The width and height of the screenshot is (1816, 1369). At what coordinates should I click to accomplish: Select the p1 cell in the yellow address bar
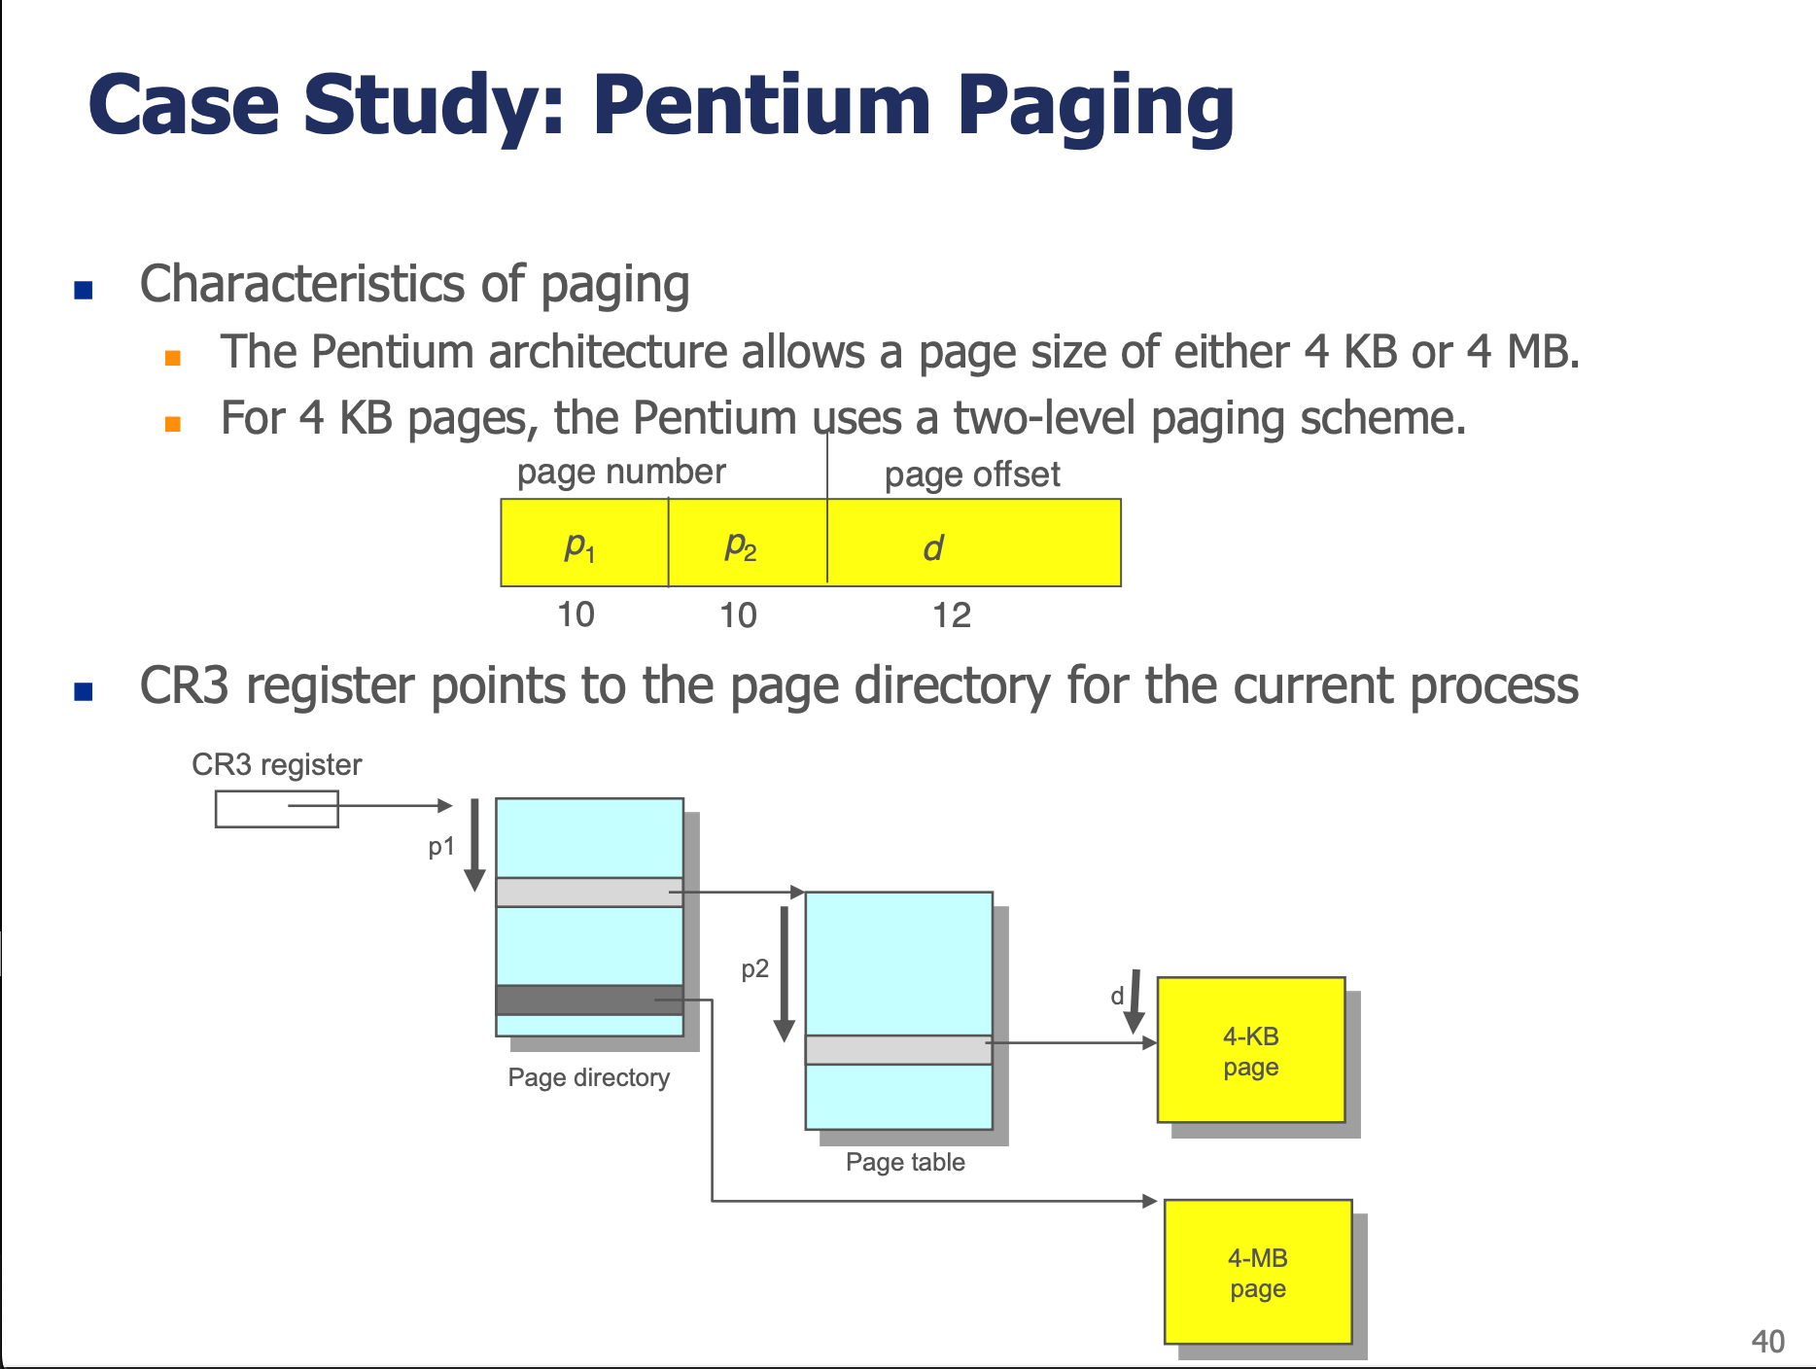point(584,543)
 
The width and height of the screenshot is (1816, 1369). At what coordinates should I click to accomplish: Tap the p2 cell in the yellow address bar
point(748,543)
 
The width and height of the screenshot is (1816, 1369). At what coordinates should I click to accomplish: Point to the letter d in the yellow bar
point(932,548)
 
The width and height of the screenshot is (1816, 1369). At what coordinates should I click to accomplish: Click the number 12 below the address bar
point(952,614)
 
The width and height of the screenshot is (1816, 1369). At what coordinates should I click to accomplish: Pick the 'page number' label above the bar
point(621,473)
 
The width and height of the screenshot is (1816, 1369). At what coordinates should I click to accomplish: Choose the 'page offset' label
point(972,474)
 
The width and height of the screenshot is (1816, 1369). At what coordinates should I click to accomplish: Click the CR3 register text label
point(276,764)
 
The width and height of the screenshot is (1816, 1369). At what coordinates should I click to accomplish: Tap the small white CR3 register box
point(277,809)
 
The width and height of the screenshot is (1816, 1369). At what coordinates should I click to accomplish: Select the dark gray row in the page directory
point(589,1000)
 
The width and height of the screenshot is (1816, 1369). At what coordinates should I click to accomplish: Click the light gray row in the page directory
point(589,893)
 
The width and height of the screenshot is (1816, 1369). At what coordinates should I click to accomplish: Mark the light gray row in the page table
point(899,1050)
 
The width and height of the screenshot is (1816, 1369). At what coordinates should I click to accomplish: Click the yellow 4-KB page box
point(1251,1050)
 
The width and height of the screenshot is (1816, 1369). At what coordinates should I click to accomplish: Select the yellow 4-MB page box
point(1258,1272)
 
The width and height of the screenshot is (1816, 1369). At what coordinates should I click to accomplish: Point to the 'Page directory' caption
point(589,1077)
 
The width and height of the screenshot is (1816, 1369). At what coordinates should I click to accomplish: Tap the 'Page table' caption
point(905,1162)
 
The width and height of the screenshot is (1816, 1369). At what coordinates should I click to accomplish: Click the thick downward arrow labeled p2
point(785,974)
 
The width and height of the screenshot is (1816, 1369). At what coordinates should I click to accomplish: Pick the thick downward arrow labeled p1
point(474,845)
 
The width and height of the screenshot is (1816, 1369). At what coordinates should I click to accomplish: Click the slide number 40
point(1767,1342)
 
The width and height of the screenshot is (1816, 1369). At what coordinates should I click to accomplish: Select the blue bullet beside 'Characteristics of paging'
point(84,289)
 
